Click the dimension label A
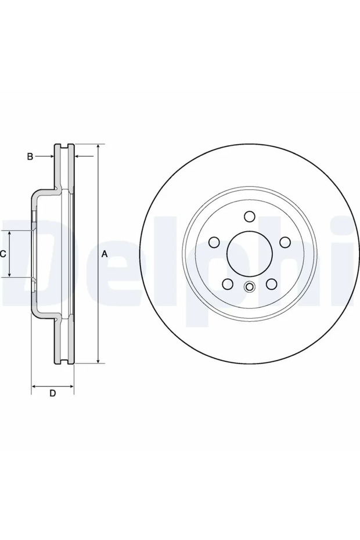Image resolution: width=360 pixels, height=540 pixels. click(x=105, y=254)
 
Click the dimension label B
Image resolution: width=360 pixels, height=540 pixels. click(x=29, y=156)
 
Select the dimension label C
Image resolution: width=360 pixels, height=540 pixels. click(x=3, y=254)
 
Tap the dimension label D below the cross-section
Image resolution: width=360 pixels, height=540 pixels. click(x=52, y=393)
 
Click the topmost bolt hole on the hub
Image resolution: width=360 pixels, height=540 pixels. click(x=250, y=217)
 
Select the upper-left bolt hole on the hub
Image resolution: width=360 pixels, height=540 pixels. click(x=214, y=242)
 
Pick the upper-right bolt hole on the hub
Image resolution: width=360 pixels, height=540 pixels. click(x=285, y=242)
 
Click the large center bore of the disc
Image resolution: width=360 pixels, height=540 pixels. click(x=250, y=254)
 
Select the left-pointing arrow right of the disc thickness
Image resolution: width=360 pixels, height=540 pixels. click(x=81, y=156)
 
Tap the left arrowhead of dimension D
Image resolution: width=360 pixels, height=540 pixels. click(x=34, y=385)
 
